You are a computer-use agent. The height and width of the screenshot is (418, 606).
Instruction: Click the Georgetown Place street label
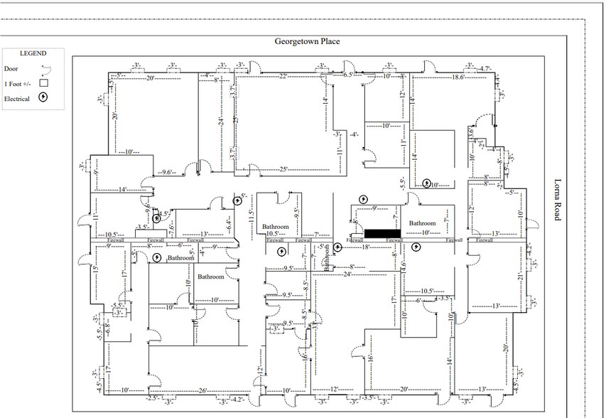(x=307, y=41)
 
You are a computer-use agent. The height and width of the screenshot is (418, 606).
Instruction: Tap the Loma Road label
(x=557, y=200)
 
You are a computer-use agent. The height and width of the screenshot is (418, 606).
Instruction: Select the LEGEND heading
(x=32, y=54)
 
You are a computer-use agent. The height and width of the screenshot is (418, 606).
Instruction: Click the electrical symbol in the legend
(x=44, y=98)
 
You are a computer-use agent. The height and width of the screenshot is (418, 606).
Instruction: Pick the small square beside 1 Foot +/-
(x=43, y=83)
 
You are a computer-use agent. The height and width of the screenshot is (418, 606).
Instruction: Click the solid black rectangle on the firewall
(x=382, y=233)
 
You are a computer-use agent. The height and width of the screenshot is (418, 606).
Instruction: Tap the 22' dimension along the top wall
(x=283, y=76)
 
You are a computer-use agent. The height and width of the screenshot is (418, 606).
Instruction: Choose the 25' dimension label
(x=283, y=169)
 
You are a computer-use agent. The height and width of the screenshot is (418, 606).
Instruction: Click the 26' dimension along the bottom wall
(x=203, y=390)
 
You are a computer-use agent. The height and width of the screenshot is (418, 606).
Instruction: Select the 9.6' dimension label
(x=168, y=172)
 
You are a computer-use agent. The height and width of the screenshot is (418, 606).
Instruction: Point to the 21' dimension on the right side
(x=521, y=276)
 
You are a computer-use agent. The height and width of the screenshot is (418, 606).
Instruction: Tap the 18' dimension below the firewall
(x=366, y=247)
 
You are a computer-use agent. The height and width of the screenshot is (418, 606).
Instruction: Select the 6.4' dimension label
(x=229, y=224)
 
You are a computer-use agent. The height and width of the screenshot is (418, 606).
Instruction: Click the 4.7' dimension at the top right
(x=485, y=69)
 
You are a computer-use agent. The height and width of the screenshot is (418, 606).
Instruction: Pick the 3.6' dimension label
(x=471, y=132)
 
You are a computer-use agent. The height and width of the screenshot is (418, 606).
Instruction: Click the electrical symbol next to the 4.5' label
(x=157, y=219)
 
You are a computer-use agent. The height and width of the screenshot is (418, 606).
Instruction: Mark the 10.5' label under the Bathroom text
(x=274, y=233)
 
